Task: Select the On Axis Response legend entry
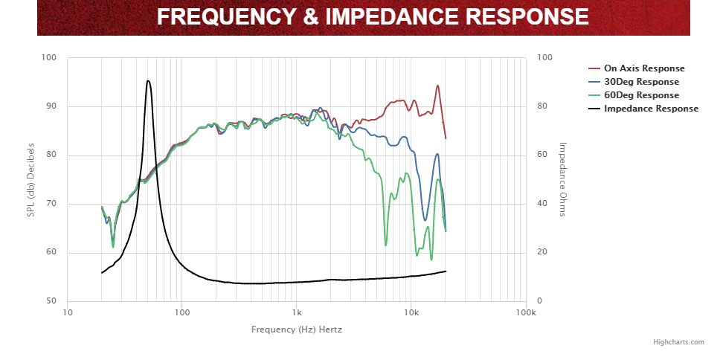644,68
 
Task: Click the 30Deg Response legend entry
641,82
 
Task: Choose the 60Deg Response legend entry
641,95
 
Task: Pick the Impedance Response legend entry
651,109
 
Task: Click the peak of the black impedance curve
148,81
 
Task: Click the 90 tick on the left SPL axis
51,106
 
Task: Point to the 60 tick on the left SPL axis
51,253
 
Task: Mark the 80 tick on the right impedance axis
544,106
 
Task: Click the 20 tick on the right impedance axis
544,253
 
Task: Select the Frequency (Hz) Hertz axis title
297,329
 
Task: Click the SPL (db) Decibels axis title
30,179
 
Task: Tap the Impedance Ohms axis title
563,179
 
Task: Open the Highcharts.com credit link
678,342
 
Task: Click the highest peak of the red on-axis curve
437,86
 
